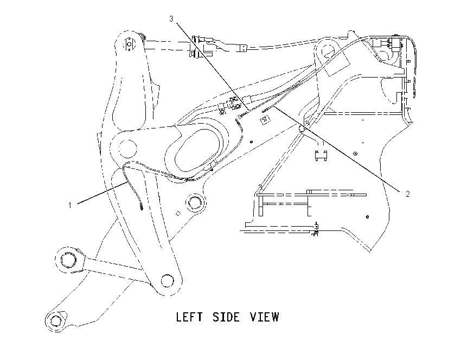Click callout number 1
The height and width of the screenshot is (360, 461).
tap(70, 205)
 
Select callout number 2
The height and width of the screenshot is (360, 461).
tap(407, 194)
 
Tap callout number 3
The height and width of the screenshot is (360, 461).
tap(171, 19)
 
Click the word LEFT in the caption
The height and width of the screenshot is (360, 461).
tap(189, 317)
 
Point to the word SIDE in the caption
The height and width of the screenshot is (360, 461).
tap(226, 317)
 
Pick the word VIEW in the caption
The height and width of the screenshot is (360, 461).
tap(265, 317)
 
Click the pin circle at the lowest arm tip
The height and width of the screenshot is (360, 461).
tap(55, 320)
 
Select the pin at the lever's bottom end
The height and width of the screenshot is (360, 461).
tap(167, 280)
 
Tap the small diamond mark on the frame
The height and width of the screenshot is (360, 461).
tap(177, 214)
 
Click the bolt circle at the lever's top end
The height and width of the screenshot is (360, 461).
tap(129, 44)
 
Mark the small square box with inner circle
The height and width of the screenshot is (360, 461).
tap(265, 120)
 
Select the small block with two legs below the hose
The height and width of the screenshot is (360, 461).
tap(321, 155)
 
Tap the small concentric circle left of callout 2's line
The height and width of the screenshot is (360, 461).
tap(355, 153)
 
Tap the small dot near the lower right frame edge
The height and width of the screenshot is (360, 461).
tap(367, 217)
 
